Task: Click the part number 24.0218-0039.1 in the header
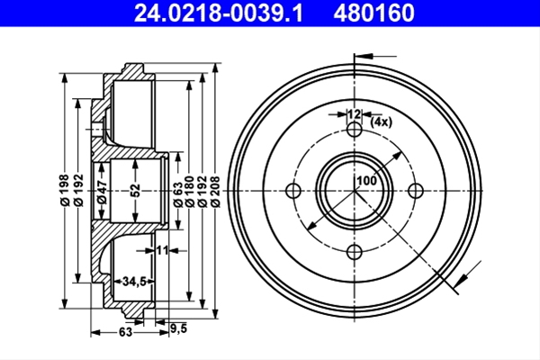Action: (219, 13)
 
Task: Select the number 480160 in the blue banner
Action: (374, 13)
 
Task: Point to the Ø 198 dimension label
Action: (65, 190)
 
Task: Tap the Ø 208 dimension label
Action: (215, 192)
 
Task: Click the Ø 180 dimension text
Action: (189, 192)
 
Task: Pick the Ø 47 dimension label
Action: (102, 192)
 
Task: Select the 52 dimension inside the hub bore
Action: (136, 191)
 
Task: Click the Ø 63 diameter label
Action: (177, 194)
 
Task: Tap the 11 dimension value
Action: (163, 250)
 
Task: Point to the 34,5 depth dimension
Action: (135, 282)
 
